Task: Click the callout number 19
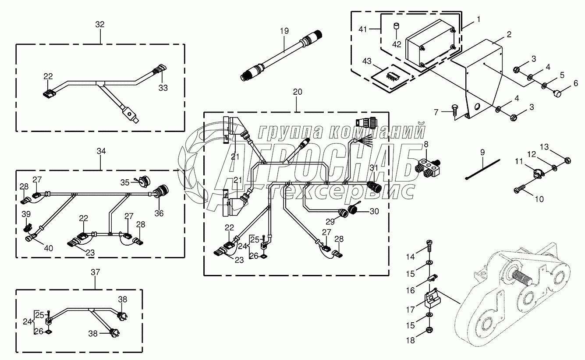click(x=284, y=31)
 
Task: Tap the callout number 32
click(x=100, y=25)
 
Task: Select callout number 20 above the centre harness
click(x=298, y=92)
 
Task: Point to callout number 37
click(x=96, y=273)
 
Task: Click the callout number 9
click(x=482, y=153)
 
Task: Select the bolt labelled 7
click(x=454, y=113)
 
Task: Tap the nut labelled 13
click(x=566, y=160)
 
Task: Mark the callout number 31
click(x=373, y=168)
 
